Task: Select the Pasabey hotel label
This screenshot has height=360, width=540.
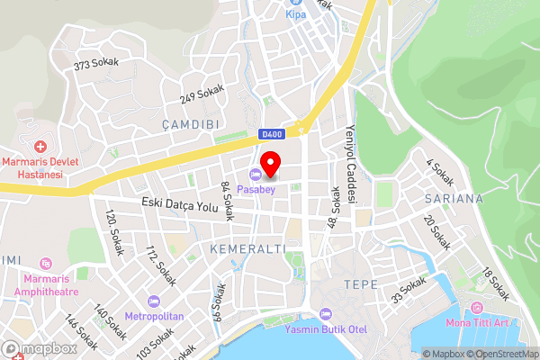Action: coord(257,189)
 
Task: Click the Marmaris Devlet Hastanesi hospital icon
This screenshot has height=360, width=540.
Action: coord(40,146)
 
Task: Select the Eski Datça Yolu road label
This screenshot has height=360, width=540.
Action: coord(180,207)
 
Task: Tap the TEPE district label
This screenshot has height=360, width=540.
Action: coord(361,284)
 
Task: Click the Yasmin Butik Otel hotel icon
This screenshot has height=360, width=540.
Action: coord(326,315)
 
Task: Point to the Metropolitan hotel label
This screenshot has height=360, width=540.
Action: coord(155,316)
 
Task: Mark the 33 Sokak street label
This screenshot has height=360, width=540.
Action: coord(409,289)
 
